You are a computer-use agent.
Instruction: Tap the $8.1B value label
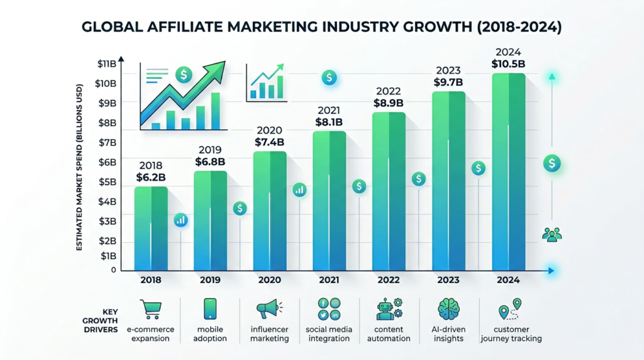click(x=329, y=122)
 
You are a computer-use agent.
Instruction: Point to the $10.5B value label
click(x=508, y=64)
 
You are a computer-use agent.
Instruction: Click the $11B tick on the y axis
click(x=107, y=64)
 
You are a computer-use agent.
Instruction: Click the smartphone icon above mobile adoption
click(x=210, y=308)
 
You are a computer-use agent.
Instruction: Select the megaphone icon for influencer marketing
click(x=267, y=309)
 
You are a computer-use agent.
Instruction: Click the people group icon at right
click(x=552, y=234)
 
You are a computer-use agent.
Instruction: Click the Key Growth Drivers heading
click(x=101, y=320)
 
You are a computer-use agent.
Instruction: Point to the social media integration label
click(x=329, y=334)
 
